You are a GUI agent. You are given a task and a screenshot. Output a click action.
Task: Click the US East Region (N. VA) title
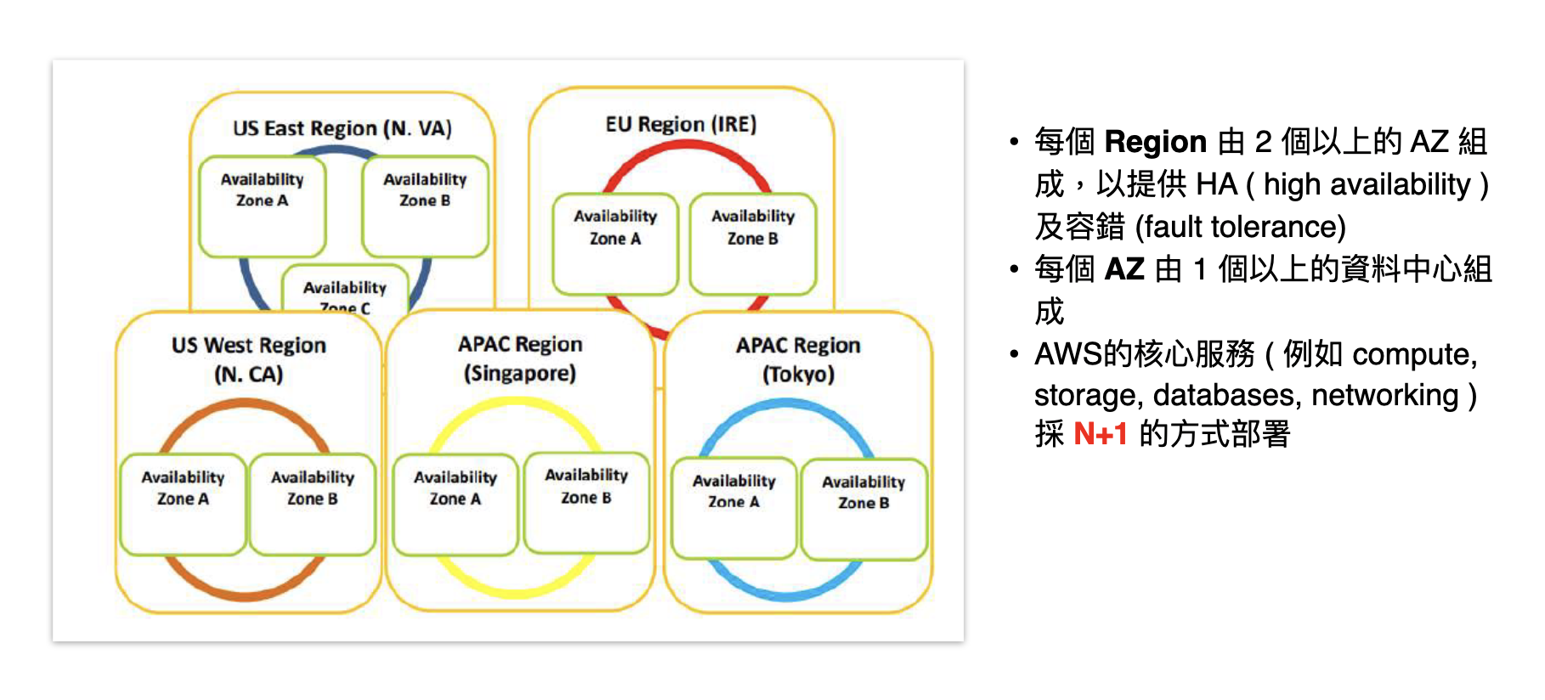(342, 128)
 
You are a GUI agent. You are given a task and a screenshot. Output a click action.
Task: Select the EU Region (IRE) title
(681, 124)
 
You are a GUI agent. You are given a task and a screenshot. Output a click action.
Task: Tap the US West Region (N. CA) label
(249, 359)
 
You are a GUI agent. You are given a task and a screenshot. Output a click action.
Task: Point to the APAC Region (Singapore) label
(520, 358)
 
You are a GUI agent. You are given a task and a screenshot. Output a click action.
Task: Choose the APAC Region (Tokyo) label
(798, 359)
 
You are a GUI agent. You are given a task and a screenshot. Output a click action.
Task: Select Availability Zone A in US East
(263, 206)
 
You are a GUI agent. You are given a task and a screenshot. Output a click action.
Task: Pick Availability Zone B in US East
(425, 206)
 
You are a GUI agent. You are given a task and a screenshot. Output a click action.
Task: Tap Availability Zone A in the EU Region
(615, 244)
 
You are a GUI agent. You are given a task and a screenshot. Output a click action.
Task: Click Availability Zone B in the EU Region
(753, 244)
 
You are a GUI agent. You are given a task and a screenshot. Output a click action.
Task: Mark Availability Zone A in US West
(183, 505)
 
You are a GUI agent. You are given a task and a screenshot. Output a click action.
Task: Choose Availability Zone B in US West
(313, 505)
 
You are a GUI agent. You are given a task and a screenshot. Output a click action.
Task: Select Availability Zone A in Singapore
(456, 505)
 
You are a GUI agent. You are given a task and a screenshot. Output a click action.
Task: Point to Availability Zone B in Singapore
(586, 503)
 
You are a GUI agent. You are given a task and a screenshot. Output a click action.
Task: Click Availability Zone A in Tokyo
(734, 508)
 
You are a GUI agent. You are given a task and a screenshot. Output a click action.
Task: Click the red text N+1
(1101, 434)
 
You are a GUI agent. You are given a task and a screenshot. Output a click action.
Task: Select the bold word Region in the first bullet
(1156, 142)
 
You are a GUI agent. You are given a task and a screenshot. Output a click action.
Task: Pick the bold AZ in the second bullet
(1124, 269)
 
